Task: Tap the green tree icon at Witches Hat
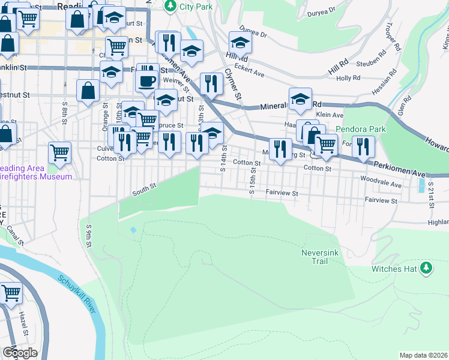(x=426, y=267)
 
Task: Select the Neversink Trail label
(x=322, y=257)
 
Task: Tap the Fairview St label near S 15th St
(x=282, y=193)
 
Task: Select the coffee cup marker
(x=147, y=80)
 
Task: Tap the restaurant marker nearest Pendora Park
(x=363, y=146)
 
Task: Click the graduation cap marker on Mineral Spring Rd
(x=300, y=99)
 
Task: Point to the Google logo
(x=20, y=353)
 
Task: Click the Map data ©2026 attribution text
(x=423, y=355)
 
